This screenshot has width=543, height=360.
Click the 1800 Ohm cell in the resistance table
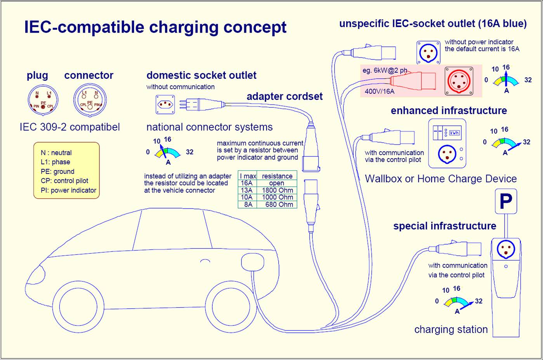click(x=277, y=190)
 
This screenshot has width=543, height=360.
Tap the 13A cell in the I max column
click(x=247, y=190)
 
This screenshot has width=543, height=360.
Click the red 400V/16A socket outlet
click(x=459, y=81)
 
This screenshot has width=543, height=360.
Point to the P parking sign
click(x=506, y=201)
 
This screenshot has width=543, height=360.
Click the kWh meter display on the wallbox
click(x=454, y=133)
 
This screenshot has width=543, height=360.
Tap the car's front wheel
click(x=78, y=307)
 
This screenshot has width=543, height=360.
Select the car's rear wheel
click(x=231, y=307)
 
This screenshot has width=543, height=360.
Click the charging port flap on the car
click(x=252, y=262)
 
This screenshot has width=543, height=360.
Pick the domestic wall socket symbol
click(x=165, y=104)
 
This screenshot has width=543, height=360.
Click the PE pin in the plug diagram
click(x=43, y=107)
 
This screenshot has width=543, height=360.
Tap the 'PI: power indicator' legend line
click(x=68, y=190)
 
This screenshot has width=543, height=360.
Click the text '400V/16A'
click(x=379, y=91)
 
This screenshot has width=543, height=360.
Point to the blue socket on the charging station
click(x=506, y=250)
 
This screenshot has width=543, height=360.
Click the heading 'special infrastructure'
click(x=444, y=226)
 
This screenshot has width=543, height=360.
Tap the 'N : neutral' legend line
click(x=56, y=153)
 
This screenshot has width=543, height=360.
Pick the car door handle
click(x=205, y=261)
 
